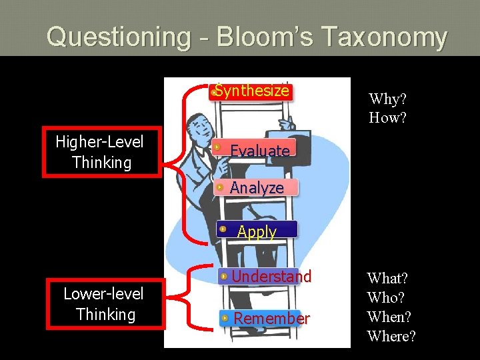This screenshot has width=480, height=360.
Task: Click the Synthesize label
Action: pos(252,91)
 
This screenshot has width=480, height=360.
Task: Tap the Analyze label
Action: pos(257,188)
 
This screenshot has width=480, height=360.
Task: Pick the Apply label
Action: pos(257,231)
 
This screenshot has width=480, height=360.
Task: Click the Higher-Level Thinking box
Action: pos(102,151)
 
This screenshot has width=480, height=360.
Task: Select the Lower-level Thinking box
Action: pos(105,303)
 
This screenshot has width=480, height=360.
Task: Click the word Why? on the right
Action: pos(388,99)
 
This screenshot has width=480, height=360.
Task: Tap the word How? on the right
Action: pos(388,118)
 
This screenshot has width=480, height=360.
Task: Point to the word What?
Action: pos(388,278)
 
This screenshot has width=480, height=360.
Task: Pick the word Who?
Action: pos(386,297)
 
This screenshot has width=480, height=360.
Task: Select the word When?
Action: pos(390,317)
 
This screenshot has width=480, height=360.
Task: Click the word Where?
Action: pos(391,336)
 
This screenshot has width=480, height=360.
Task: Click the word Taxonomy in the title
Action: pos(383,37)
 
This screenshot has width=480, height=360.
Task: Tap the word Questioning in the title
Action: pos(118,37)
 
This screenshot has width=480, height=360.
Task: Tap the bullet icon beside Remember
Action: pos(227,318)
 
